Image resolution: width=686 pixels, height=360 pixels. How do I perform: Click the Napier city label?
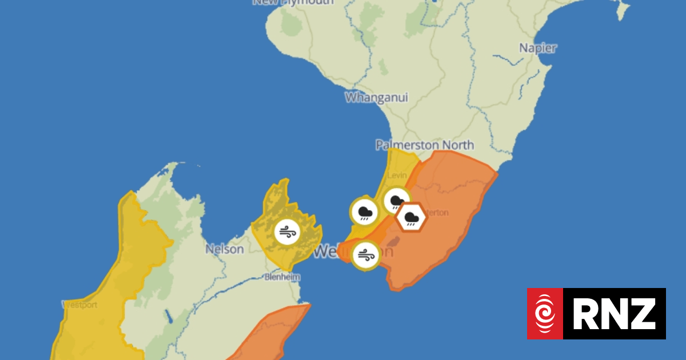(x=537, y=48)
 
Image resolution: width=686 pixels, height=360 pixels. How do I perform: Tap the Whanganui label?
(x=376, y=97)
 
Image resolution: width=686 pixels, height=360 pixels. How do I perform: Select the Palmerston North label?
(x=424, y=145)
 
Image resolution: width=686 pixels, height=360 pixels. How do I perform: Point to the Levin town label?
(x=397, y=175)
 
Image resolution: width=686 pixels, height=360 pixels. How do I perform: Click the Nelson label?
(x=225, y=249)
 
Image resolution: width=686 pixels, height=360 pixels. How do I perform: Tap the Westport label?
(x=79, y=305)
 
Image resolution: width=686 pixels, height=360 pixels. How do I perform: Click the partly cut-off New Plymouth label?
(x=293, y=2)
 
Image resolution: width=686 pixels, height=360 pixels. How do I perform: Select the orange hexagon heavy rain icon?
(x=410, y=218)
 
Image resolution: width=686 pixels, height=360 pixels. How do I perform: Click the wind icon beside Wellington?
(x=365, y=255)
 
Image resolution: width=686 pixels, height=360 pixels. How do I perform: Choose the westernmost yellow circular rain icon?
(x=364, y=213)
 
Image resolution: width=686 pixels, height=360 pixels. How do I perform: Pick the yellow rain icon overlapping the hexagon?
(x=395, y=201)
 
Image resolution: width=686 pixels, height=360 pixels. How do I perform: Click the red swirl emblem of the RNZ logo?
(x=545, y=314)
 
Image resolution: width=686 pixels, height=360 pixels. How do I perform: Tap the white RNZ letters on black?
(x=615, y=314)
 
